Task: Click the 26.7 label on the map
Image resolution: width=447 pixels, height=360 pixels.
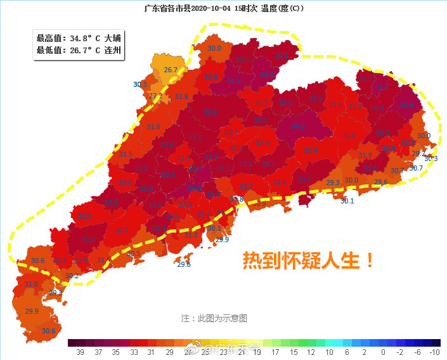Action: (x=170, y=70)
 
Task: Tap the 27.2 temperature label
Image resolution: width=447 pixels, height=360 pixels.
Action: (x=156, y=96)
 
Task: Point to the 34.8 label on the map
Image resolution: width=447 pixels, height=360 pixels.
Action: (x=406, y=105)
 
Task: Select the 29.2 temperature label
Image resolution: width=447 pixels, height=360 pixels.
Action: (x=418, y=153)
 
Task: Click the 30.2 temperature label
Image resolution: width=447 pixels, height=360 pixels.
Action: (x=72, y=276)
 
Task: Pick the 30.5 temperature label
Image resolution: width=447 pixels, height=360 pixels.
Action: (x=134, y=253)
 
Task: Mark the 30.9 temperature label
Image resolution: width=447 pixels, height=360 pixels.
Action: (x=259, y=204)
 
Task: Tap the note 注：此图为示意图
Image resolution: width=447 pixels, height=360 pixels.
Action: (x=214, y=318)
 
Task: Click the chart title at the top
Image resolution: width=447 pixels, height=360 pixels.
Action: (x=224, y=8)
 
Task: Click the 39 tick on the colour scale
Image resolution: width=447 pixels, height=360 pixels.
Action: (x=81, y=352)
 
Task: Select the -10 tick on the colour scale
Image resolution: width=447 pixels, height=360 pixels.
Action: (x=434, y=352)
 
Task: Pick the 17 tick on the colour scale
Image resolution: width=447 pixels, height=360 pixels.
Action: (x=275, y=352)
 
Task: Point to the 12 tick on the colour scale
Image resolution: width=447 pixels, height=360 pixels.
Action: (x=311, y=352)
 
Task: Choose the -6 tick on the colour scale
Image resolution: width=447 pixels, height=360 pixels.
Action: (x=417, y=352)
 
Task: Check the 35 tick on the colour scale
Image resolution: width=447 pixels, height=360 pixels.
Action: (x=116, y=352)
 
